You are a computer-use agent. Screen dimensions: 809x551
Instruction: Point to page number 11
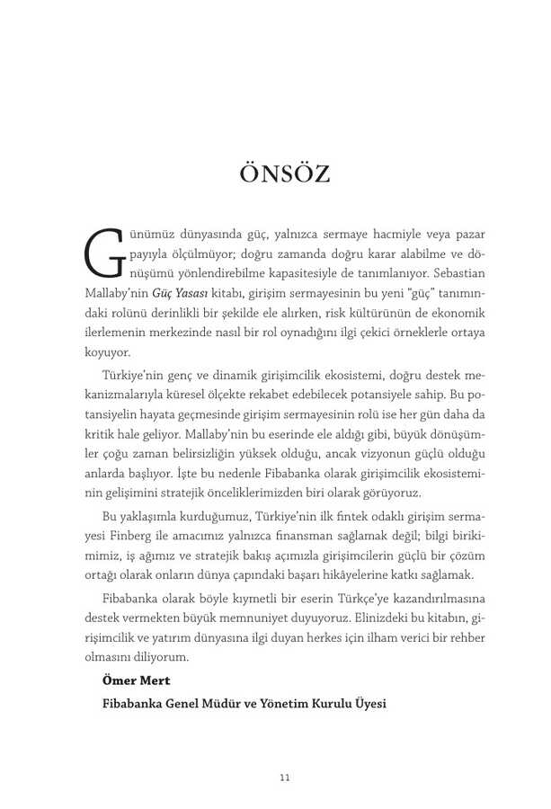click(x=284, y=778)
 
